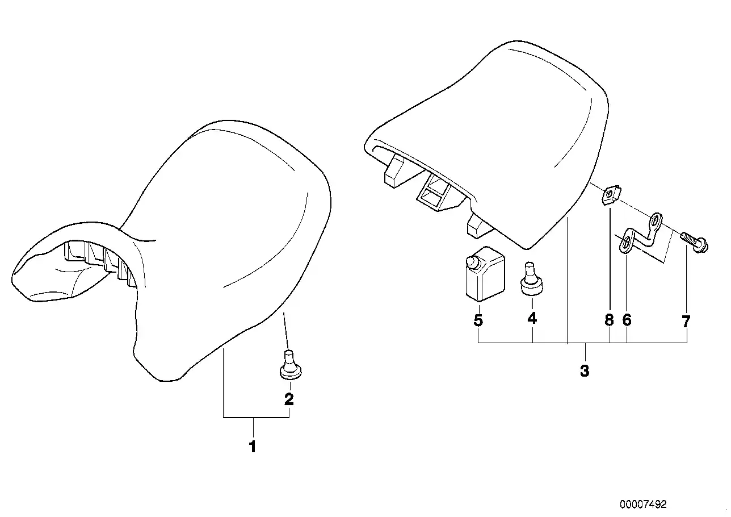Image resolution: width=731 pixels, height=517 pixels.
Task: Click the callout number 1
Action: pyautogui.click(x=253, y=447)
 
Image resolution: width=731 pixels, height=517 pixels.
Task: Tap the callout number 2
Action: pyautogui.click(x=289, y=399)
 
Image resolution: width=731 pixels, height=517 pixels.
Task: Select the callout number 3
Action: pyautogui.click(x=585, y=372)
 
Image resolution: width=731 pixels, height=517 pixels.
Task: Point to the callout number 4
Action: pyautogui.click(x=532, y=318)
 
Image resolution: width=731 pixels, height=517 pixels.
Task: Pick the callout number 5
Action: pyautogui.click(x=478, y=320)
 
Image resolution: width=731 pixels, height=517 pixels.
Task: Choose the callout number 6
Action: pyautogui.click(x=627, y=320)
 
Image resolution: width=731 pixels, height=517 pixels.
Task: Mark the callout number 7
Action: pyautogui.click(x=686, y=322)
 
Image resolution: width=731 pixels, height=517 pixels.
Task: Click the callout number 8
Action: pyautogui.click(x=610, y=320)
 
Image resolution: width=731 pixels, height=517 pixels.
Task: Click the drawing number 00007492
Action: pyautogui.click(x=643, y=505)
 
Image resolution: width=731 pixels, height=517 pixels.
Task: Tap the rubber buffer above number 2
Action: pyautogui.click(x=290, y=365)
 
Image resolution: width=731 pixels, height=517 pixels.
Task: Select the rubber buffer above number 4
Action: pyautogui.click(x=532, y=280)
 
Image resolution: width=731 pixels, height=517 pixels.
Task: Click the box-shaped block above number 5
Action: pyautogui.click(x=485, y=274)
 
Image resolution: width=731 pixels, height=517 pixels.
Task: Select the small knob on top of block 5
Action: pyautogui.click(x=471, y=261)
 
